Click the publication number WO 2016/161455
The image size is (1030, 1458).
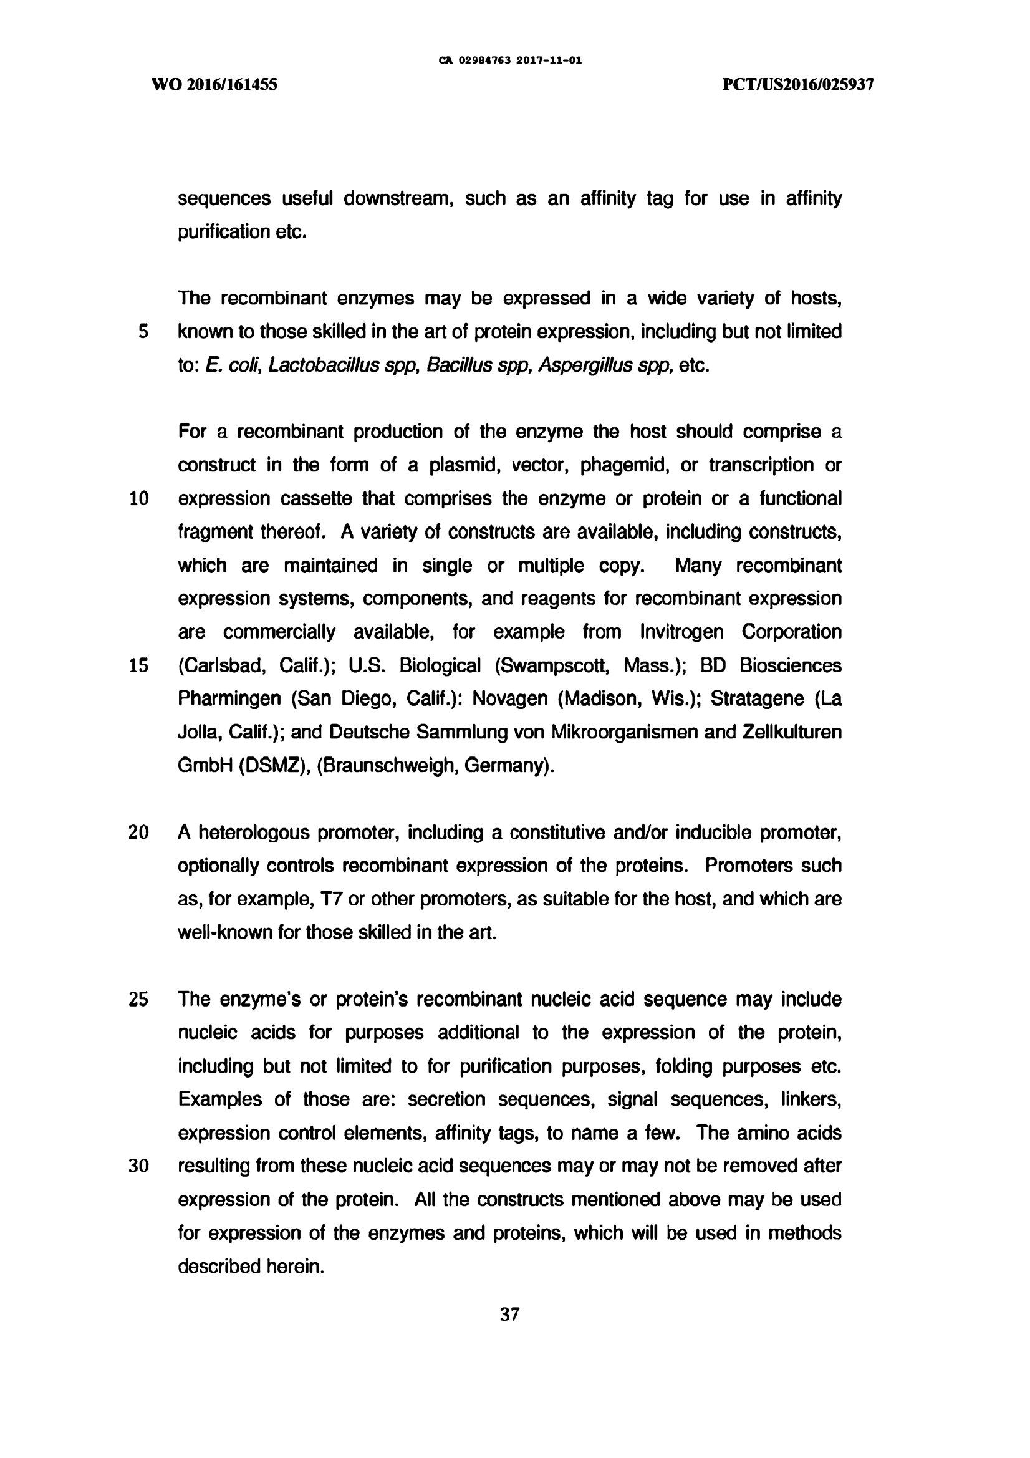tap(214, 85)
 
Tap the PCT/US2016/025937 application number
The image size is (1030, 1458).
tap(798, 85)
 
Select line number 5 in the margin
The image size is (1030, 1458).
tap(143, 332)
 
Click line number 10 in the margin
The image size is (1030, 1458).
tap(138, 498)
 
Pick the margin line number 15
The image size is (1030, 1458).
tap(138, 665)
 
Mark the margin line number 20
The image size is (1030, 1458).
tap(138, 833)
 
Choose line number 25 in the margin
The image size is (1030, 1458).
tap(138, 1000)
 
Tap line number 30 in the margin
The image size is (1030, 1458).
tap(138, 1167)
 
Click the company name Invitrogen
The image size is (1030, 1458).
tap(681, 632)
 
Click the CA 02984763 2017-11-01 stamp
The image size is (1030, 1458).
tap(510, 61)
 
